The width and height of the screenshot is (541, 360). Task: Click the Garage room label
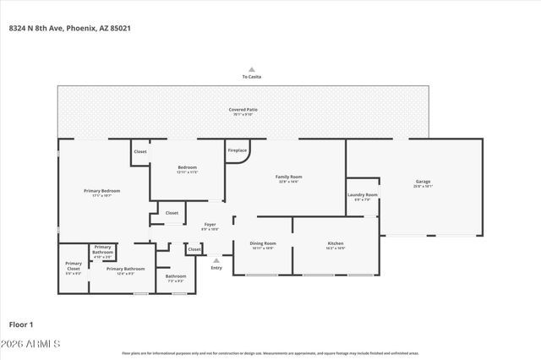(x=423, y=182)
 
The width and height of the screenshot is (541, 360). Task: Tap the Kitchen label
(x=336, y=245)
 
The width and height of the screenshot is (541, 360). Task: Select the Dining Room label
(x=263, y=245)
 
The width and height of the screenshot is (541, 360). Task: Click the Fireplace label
(x=238, y=150)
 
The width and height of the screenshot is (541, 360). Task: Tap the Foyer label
(x=210, y=226)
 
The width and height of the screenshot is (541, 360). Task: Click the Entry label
(x=216, y=268)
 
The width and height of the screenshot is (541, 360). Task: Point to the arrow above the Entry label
(x=216, y=260)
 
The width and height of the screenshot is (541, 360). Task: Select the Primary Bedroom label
(x=101, y=192)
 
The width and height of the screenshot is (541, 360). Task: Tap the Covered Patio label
(x=243, y=111)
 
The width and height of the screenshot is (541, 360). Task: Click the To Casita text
(x=251, y=77)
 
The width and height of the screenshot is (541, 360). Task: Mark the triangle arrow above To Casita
(x=251, y=69)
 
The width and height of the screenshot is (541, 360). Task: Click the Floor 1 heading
(x=21, y=324)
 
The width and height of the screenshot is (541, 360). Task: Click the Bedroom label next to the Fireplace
(x=187, y=168)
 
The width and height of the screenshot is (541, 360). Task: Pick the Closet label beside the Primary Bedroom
(x=140, y=152)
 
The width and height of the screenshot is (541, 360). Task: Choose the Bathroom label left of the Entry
(x=176, y=276)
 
